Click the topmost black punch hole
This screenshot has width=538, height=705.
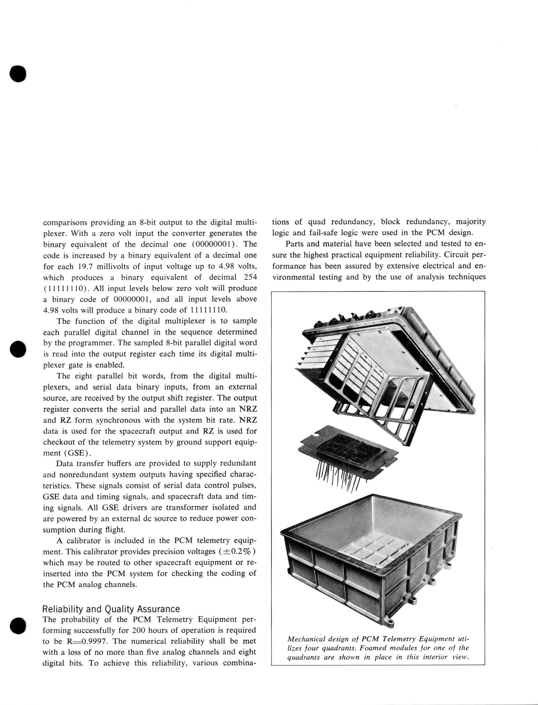18,73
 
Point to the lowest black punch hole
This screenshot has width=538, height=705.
18,625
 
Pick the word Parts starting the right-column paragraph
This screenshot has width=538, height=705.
295,244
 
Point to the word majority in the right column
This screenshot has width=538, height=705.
471,221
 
